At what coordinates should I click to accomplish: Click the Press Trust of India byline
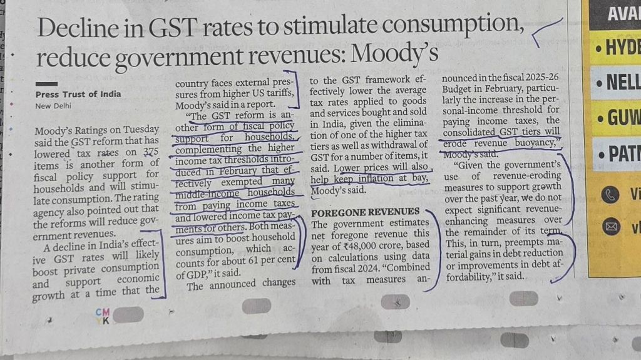click(78, 95)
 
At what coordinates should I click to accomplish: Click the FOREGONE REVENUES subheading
click(364, 212)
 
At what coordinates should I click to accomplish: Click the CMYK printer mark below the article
click(103, 316)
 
